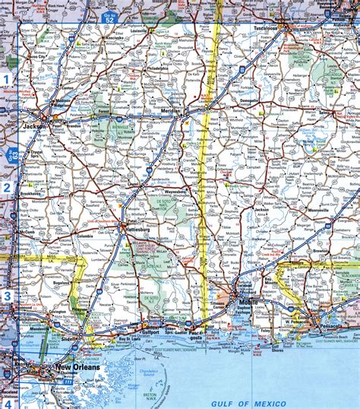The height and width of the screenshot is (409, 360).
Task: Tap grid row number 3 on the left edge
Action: pos(5,296)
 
